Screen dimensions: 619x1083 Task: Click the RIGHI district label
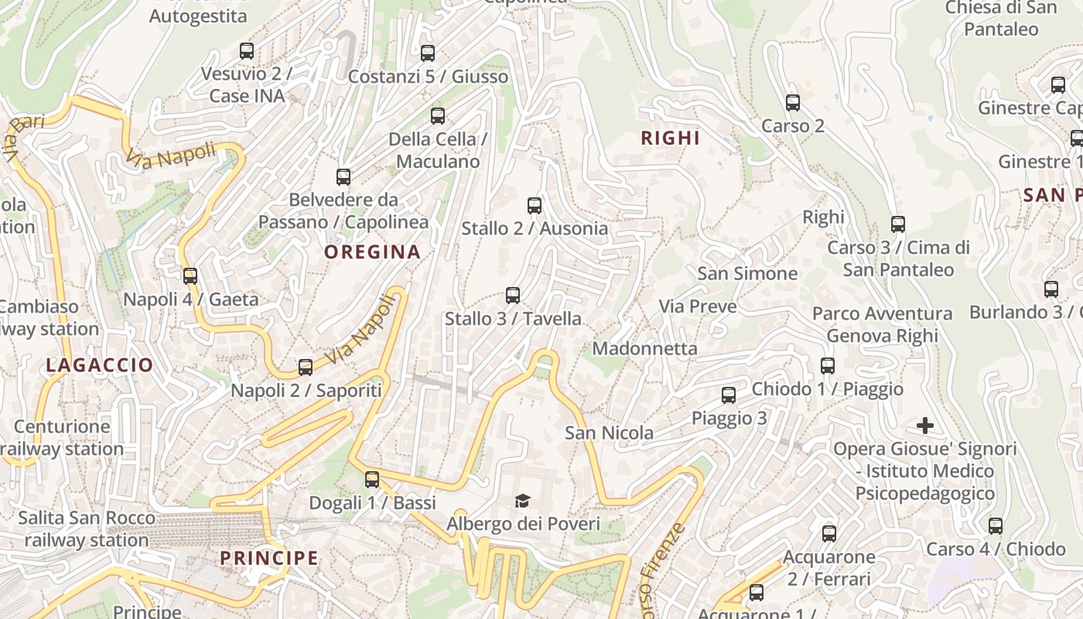click(671, 139)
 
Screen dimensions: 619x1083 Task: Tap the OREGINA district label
click(372, 251)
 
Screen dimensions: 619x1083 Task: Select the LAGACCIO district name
click(100, 365)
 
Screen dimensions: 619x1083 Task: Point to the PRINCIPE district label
click(269, 558)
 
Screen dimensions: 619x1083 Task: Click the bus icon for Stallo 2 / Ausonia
click(534, 206)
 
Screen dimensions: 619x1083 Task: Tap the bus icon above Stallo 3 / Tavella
click(512, 296)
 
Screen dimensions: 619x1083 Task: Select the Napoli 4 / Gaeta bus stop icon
click(190, 276)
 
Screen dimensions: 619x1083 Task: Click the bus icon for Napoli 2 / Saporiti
click(306, 368)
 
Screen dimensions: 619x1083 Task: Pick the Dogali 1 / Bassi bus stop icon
click(372, 480)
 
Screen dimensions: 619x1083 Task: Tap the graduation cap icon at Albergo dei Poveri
click(523, 501)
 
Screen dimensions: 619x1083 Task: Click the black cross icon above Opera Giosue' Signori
click(924, 426)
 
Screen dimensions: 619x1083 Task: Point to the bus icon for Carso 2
click(792, 103)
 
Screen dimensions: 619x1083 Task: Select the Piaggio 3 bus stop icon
click(729, 395)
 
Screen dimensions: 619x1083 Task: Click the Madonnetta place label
click(644, 349)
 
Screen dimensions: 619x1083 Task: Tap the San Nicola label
click(609, 433)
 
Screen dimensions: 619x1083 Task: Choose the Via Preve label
click(697, 306)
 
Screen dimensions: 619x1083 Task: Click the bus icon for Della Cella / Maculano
click(438, 116)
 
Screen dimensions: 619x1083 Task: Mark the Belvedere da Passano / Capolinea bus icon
click(343, 177)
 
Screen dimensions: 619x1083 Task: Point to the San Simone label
click(746, 273)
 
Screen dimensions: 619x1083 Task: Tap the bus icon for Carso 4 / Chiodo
click(996, 526)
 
